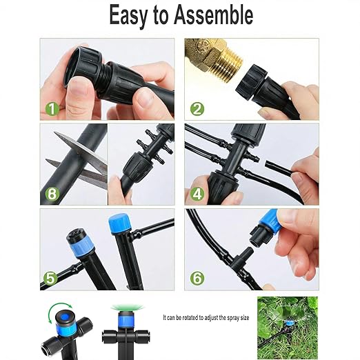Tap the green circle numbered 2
click(197, 108)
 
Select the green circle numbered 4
click(197, 194)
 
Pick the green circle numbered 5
click(50, 279)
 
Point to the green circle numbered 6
click(197, 279)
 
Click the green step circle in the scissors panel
click(52, 194)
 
